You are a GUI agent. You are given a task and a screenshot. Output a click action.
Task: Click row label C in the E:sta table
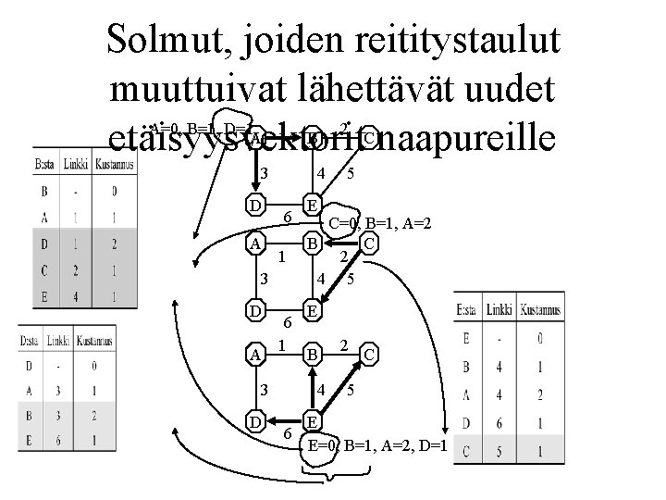click(x=467, y=452)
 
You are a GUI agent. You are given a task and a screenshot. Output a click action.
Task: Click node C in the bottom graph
click(x=369, y=354)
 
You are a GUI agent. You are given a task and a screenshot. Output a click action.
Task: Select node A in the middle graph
click(x=254, y=244)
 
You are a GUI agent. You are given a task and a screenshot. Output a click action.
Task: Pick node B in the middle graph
click(x=314, y=244)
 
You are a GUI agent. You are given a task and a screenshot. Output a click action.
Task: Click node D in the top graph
click(x=253, y=202)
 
